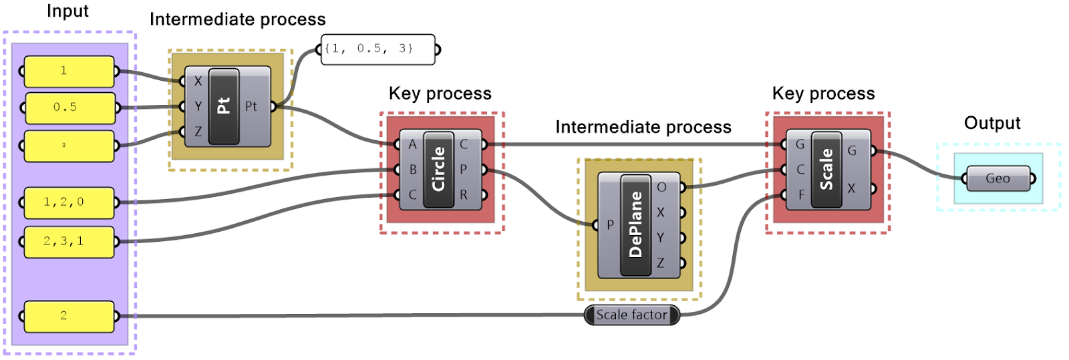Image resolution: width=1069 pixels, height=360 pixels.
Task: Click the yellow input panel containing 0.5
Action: pos(69,108)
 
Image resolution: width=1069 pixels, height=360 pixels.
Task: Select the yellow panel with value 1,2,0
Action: pos(69,202)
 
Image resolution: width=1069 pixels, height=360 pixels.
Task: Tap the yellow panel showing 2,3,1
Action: pos(69,241)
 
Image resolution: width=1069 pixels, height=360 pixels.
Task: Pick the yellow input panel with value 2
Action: pos(69,316)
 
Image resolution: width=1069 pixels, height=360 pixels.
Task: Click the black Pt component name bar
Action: pos(224,106)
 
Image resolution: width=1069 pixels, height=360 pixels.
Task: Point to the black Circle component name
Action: pos(438,169)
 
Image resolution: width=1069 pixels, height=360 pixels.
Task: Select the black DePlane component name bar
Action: pos(635,224)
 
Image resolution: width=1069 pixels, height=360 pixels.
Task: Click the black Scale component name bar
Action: pos(826,169)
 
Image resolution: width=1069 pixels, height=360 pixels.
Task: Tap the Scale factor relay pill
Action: pos(631,315)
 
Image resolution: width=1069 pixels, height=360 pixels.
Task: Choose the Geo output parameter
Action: pos(998,178)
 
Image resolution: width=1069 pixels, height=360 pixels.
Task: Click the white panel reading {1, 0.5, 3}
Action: pos(377,49)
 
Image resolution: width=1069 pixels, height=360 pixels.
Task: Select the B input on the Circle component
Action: pos(412,170)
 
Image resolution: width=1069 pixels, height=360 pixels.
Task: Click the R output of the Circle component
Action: pos(464,195)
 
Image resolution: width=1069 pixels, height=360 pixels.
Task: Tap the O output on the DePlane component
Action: pos(661,187)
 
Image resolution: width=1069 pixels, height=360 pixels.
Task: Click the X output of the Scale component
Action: pos(851,188)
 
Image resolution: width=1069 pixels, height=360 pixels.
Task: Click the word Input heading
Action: pos(67,11)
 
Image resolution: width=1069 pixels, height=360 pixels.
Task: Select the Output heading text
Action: pos(992,123)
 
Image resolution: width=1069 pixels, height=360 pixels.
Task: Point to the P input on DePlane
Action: pos(610,225)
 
